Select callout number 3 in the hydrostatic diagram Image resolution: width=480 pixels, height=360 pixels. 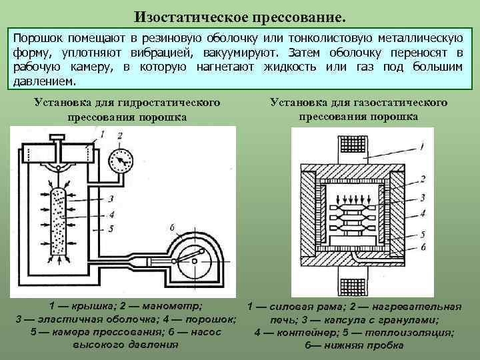click(x=110, y=199)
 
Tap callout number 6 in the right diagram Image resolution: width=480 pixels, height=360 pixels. click(x=422, y=246)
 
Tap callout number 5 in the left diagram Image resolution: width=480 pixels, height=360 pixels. click(x=110, y=229)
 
